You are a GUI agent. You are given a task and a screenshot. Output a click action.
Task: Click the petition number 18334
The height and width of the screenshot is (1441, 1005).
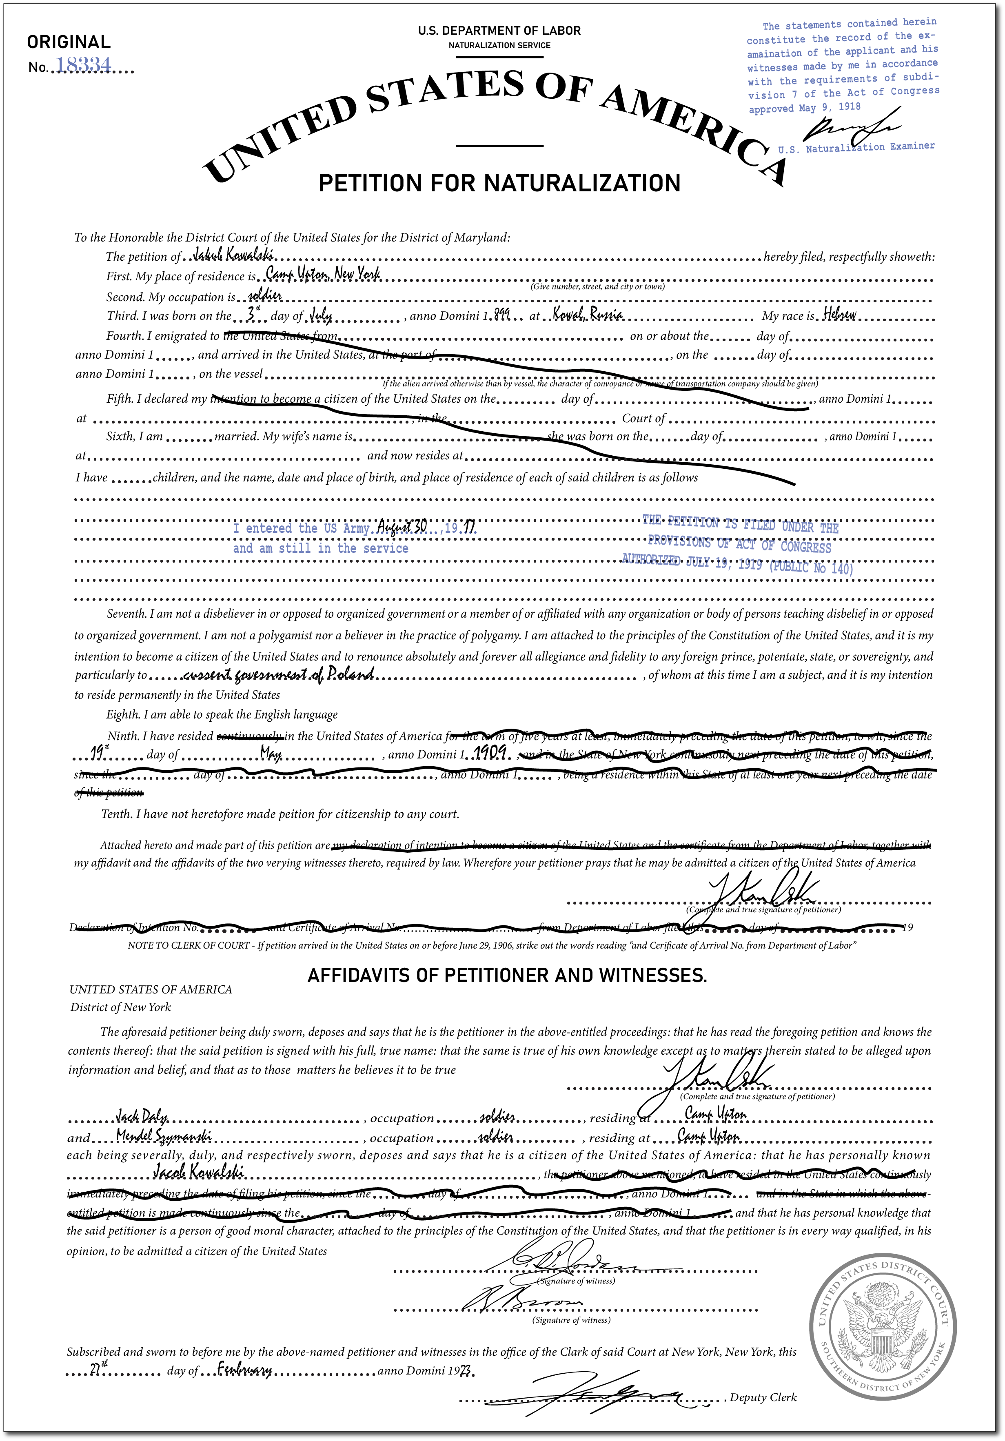point(84,65)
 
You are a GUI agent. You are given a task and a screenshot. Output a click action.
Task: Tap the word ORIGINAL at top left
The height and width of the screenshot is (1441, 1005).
point(69,42)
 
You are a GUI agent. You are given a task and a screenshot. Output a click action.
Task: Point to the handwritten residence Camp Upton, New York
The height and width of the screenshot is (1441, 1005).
point(323,274)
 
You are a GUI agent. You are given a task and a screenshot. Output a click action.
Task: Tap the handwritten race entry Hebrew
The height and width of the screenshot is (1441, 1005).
point(840,315)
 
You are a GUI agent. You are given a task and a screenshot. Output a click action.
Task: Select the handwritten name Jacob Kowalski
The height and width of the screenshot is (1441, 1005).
point(198,1172)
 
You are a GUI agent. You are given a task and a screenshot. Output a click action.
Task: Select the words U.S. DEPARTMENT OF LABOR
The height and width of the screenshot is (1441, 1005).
point(499,30)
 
